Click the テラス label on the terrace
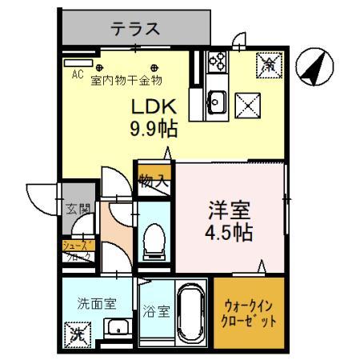click(x=135, y=30)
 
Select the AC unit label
click(x=78, y=74)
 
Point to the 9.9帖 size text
click(x=153, y=128)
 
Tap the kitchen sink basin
click(x=216, y=101)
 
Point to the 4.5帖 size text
click(x=230, y=233)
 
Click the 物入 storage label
click(x=154, y=181)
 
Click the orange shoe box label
click(x=78, y=252)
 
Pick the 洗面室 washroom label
click(x=97, y=303)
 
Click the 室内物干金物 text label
click(x=126, y=80)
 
